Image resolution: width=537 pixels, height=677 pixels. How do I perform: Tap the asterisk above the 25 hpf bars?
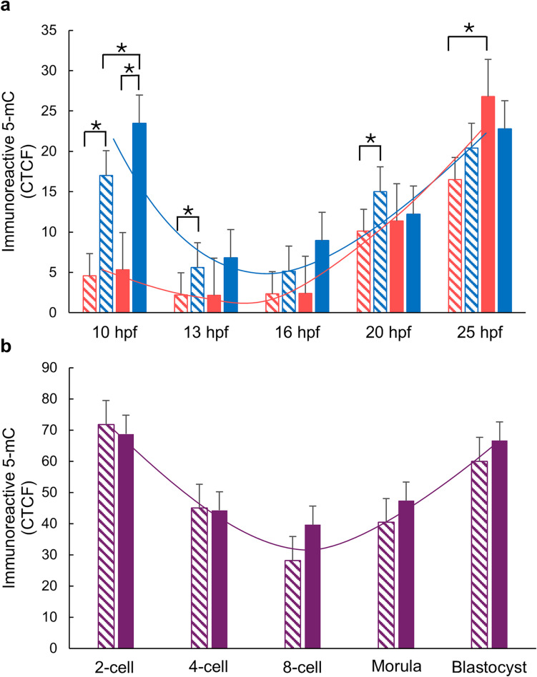point(469,29)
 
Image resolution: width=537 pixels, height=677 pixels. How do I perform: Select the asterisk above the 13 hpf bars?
point(187,211)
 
